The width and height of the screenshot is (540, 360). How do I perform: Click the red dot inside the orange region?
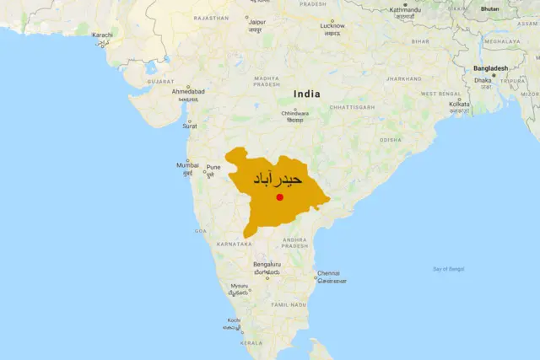(279, 197)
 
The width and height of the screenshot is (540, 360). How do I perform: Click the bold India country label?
(307, 93)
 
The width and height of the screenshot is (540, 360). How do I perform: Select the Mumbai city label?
(188, 165)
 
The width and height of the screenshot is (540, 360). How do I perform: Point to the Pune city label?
(213, 167)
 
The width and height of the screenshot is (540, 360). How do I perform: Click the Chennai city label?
(328, 273)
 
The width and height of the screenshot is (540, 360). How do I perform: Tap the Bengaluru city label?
(267, 265)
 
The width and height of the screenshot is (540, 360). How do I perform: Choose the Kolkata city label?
(459, 104)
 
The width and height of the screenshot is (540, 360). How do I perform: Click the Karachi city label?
(102, 35)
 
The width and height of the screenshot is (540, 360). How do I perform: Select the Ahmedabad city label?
(188, 91)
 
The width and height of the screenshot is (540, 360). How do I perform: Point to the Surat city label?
(191, 126)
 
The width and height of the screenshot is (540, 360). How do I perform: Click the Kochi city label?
(234, 320)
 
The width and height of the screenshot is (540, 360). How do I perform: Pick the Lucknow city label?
(332, 25)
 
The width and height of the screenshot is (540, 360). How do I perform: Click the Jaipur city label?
(256, 21)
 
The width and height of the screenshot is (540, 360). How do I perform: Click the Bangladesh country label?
(490, 67)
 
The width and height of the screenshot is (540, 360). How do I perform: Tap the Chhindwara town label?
(294, 113)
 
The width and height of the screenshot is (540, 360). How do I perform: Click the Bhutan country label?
(489, 8)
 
